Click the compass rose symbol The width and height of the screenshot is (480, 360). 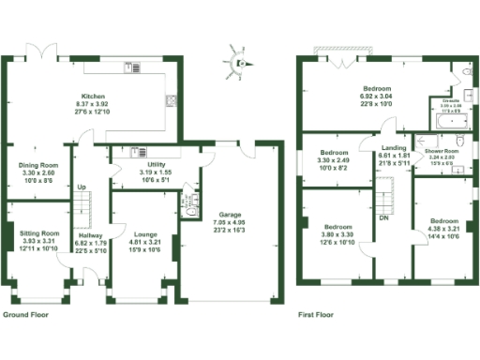(x=237, y=63)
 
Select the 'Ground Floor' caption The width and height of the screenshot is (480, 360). (x=26, y=316)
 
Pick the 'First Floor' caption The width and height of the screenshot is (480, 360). (x=318, y=316)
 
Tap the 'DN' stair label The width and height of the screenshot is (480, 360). (x=383, y=217)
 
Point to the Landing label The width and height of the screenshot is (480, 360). (x=393, y=146)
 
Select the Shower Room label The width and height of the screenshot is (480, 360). (x=441, y=150)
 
